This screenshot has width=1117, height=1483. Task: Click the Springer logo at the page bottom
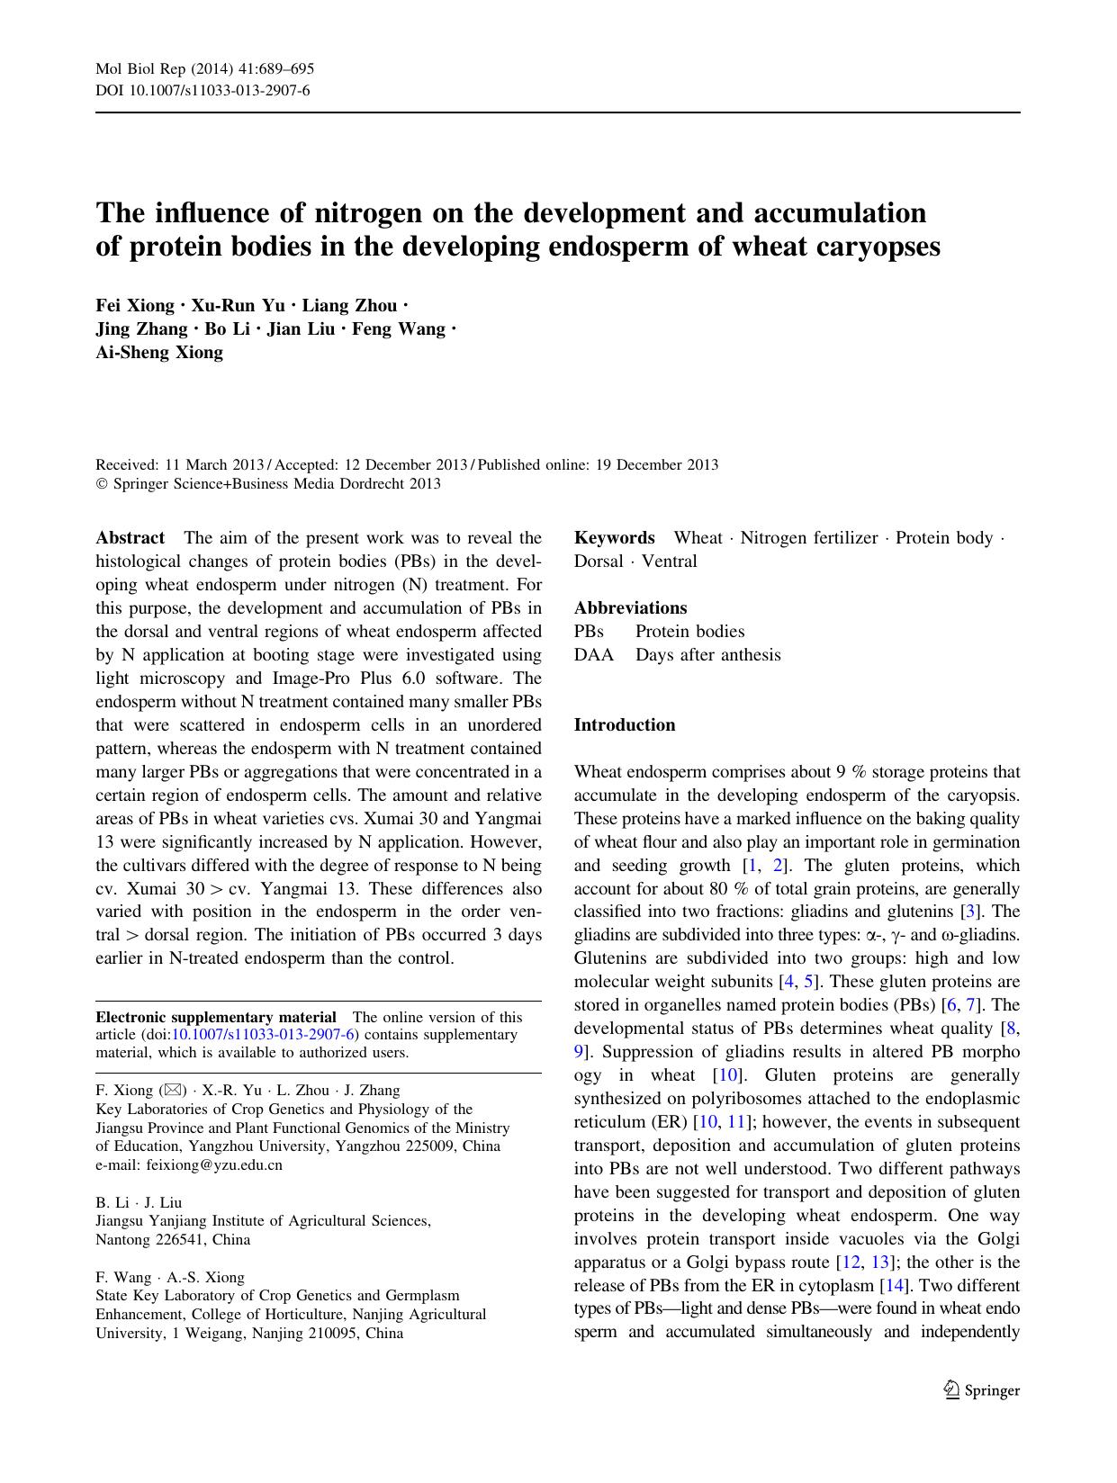tap(982, 1390)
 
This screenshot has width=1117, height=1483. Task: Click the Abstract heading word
tap(131, 538)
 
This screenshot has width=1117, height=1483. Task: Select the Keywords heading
tap(615, 538)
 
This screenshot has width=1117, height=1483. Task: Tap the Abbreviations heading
tap(630, 608)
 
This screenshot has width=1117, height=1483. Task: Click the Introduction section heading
tap(625, 725)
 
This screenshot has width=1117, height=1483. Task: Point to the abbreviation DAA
tap(594, 655)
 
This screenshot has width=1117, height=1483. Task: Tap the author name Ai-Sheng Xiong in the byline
tap(159, 353)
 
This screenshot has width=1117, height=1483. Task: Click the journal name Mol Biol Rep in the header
tap(140, 69)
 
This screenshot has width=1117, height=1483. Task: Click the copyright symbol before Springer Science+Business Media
tap(101, 484)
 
